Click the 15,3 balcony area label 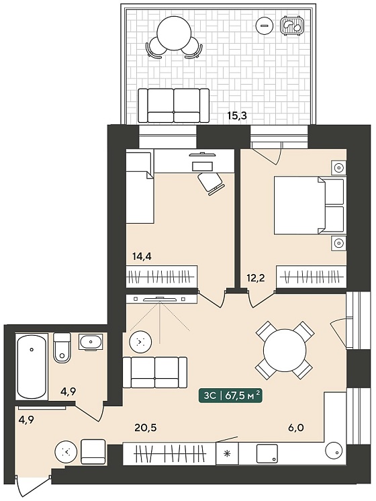point(237,116)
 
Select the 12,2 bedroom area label point(256,277)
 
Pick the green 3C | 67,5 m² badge point(231,396)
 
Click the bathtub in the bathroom point(32,366)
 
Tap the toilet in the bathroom point(62,348)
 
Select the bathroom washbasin point(91,342)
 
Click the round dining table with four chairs point(284,350)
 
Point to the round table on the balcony point(174,33)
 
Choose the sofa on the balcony point(174,105)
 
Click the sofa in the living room point(155,373)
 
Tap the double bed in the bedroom point(310,206)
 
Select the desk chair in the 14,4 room point(209,183)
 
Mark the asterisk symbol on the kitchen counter point(227,453)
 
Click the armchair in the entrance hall point(93,451)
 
